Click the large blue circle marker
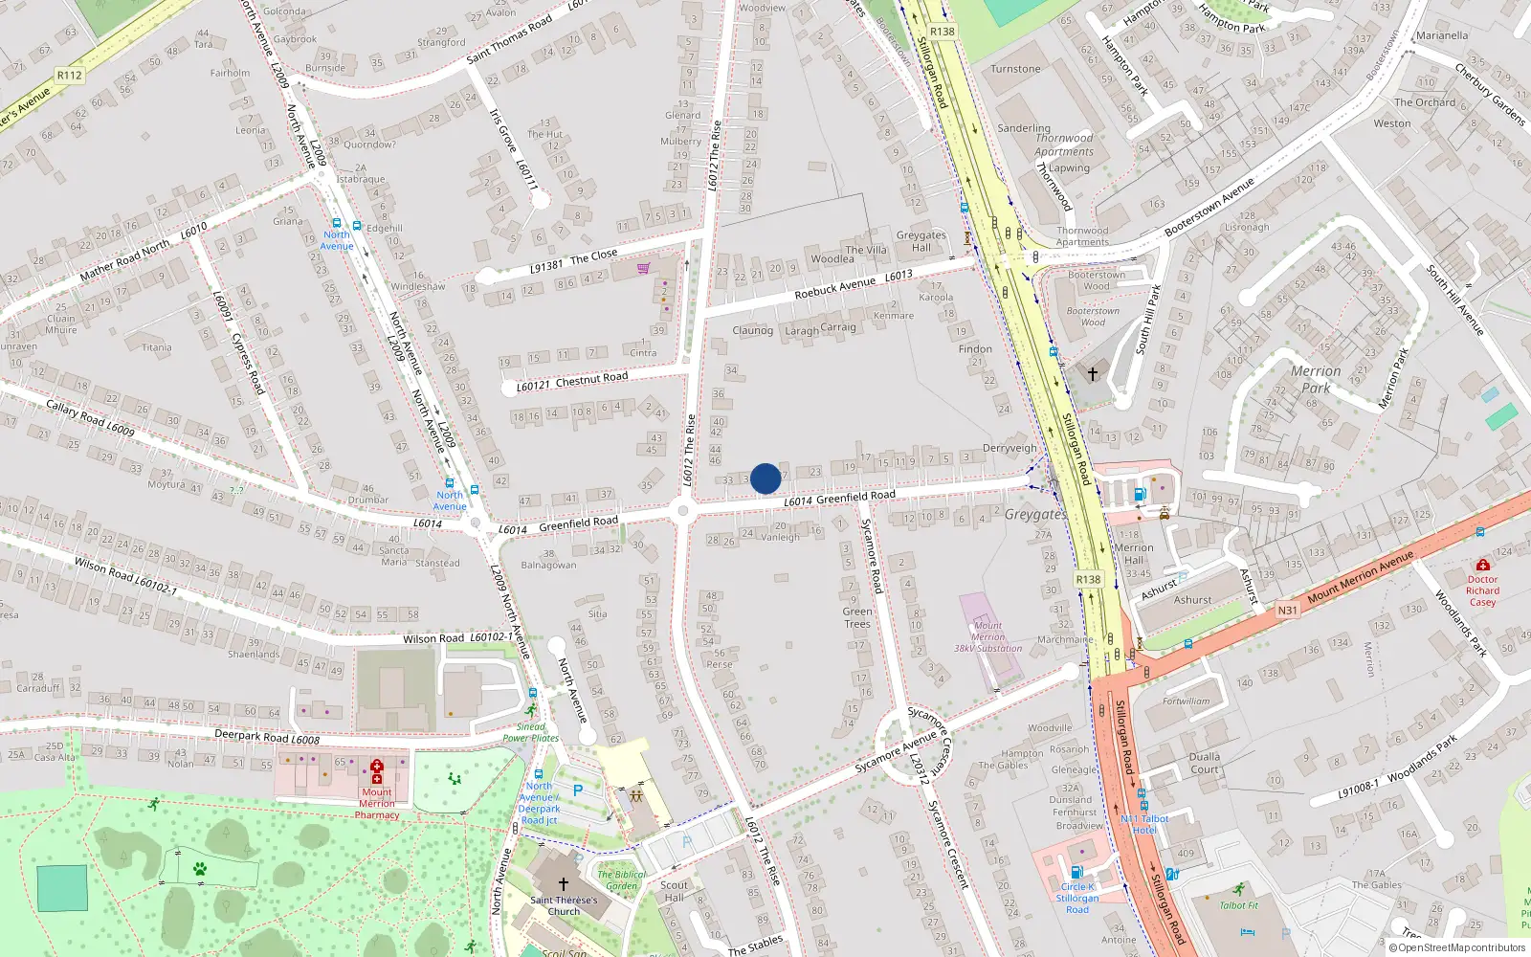point(765,478)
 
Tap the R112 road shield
point(70,75)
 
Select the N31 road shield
point(1288,610)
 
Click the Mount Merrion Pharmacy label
point(377,803)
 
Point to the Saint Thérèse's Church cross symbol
point(563,884)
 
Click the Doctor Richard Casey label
point(1482,590)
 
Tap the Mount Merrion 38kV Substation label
point(987,636)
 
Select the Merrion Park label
point(1316,379)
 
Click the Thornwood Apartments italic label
point(1064,145)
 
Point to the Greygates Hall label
point(921,241)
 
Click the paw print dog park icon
point(200,869)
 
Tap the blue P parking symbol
point(577,790)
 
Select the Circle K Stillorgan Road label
point(1077,898)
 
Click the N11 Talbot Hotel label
point(1144,824)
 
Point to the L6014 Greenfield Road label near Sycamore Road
point(839,498)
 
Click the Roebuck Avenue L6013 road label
point(853,284)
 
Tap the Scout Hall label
point(674,891)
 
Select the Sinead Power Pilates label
point(530,732)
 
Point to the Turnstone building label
point(1015,69)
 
